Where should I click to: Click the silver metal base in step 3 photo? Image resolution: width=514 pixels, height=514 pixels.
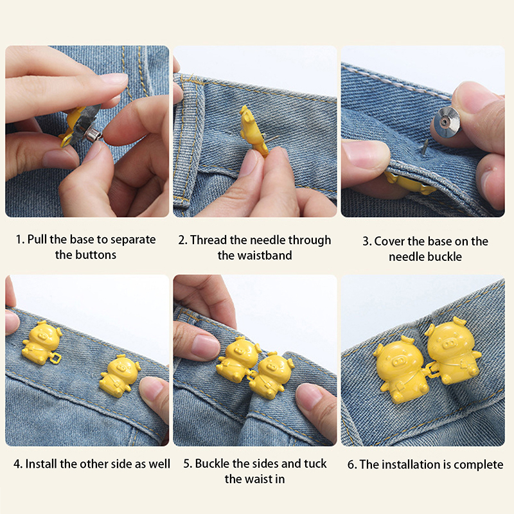[x=447, y=121]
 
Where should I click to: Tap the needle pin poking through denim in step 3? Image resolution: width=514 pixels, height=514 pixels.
[x=425, y=146]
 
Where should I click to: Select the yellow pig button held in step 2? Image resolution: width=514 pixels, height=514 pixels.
[x=253, y=130]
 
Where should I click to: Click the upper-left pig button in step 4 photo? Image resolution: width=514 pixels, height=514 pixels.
[x=42, y=342]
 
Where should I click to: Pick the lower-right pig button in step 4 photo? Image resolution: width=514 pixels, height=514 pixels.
[x=120, y=374]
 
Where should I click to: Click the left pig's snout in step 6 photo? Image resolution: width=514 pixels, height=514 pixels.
[x=398, y=362]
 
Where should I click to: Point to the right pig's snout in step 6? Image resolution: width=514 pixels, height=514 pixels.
[x=448, y=344]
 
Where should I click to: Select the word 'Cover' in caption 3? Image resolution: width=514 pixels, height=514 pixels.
[x=389, y=242]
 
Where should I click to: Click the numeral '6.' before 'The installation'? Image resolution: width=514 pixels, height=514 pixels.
[x=352, y=465]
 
